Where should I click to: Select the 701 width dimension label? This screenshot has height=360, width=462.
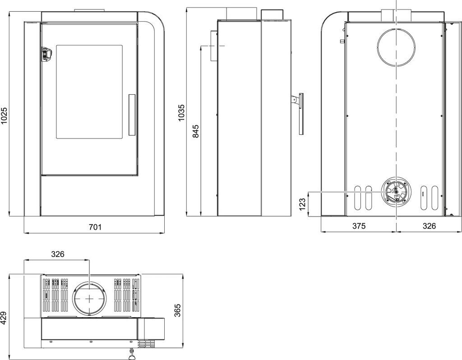(95, 227)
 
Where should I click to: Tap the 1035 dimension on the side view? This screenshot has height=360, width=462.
(181, 112)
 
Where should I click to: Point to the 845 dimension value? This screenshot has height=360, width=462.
(196, 131)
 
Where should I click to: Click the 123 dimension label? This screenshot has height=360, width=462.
(302, 204)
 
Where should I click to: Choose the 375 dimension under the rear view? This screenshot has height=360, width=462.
(359, 226)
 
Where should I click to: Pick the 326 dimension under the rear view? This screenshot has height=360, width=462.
(429, 226)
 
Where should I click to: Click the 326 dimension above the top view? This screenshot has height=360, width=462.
(57, 254)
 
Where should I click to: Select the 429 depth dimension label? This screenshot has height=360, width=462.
(4, 318)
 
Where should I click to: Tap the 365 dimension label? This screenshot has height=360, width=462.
(177, 310)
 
